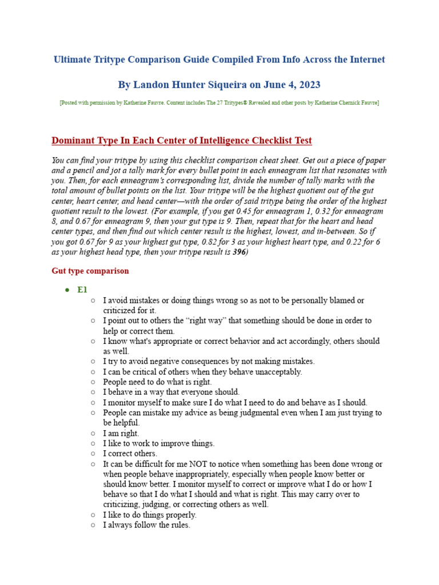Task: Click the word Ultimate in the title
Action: click(74, 59)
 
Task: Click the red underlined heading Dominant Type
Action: click(181, 141)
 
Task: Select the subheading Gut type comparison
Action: click(90, 271)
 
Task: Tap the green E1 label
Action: click(82, 290)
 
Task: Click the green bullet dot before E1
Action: click(67, 290)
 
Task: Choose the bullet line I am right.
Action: click(121, 433)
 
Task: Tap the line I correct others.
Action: click(130, 454)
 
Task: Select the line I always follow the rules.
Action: click(146, 525)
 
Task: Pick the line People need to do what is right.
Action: click(157, 382)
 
